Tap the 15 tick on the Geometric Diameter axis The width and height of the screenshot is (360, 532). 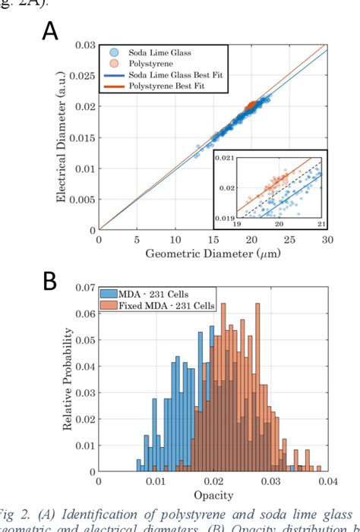point(175,240)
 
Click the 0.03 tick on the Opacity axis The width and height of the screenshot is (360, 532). point(270,481)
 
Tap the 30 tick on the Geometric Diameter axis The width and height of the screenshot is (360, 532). point(327,240)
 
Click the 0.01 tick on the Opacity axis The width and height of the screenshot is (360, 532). point(156,481)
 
